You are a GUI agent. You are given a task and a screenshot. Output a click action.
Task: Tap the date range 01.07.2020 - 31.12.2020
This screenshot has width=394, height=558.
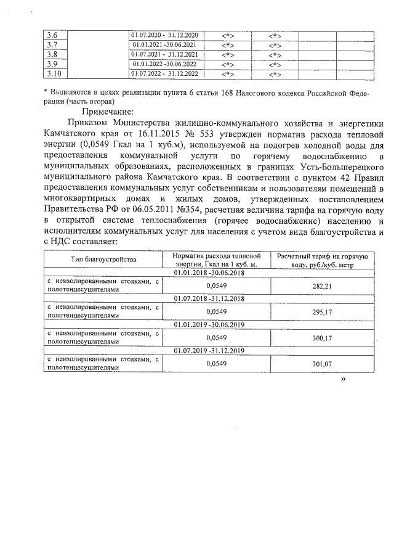pyautogui.click(x=164, y=35)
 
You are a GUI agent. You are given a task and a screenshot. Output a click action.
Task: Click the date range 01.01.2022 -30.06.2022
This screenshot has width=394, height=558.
pyautogui.click(x=164, y=65)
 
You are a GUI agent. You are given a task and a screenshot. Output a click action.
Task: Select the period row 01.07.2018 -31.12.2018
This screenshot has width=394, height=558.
pyautogui.click(x=209, y=298)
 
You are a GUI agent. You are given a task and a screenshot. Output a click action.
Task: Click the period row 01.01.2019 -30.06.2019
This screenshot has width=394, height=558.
pyautogui.click(x=209, y=324)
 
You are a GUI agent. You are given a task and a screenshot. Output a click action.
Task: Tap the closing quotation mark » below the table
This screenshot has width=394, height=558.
pyautogui.click(x=343, y=380)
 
